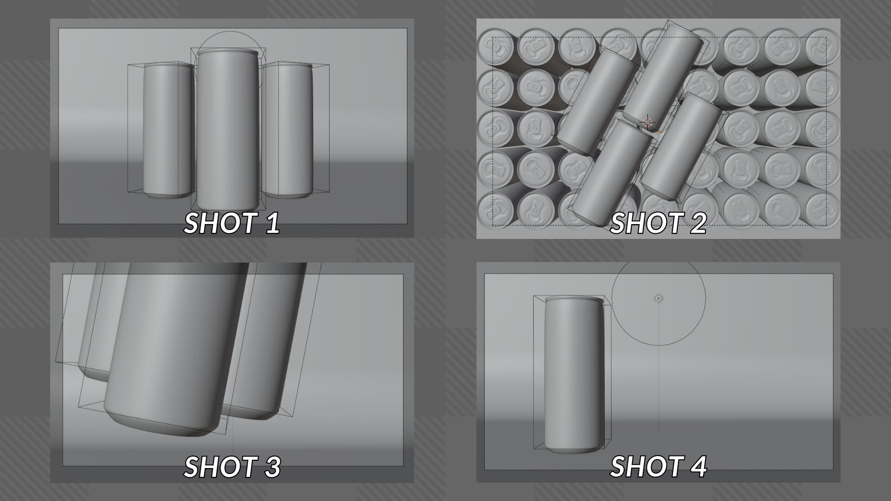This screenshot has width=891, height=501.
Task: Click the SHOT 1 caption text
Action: pyautogui.click(x=232, y=223)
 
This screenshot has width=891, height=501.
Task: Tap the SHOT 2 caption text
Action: pyautogui.click(x=658, y=223)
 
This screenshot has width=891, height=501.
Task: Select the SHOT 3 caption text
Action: pyautogui.click(x=232, y=467)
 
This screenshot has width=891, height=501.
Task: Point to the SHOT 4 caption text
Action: pyautogui.click(x=658, y=467)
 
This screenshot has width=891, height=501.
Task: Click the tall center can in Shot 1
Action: pyautogui.click(x=227, y=130)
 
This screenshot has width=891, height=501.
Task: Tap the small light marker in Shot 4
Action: pyautogui.click(x=659, y=298)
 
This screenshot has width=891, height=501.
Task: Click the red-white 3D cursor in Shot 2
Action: pyautogui.click(x=648, y=122)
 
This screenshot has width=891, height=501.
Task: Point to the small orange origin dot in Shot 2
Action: pyautogui.click(x=659, y=132)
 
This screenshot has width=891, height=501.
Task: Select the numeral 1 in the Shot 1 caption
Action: pyautogui.click(x=272, y=223)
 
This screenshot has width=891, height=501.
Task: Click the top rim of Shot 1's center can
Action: pyautogui.click(x=227, y=52)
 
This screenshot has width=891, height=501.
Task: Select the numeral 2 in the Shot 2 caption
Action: pyautogui.click(x=697, y=223)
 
